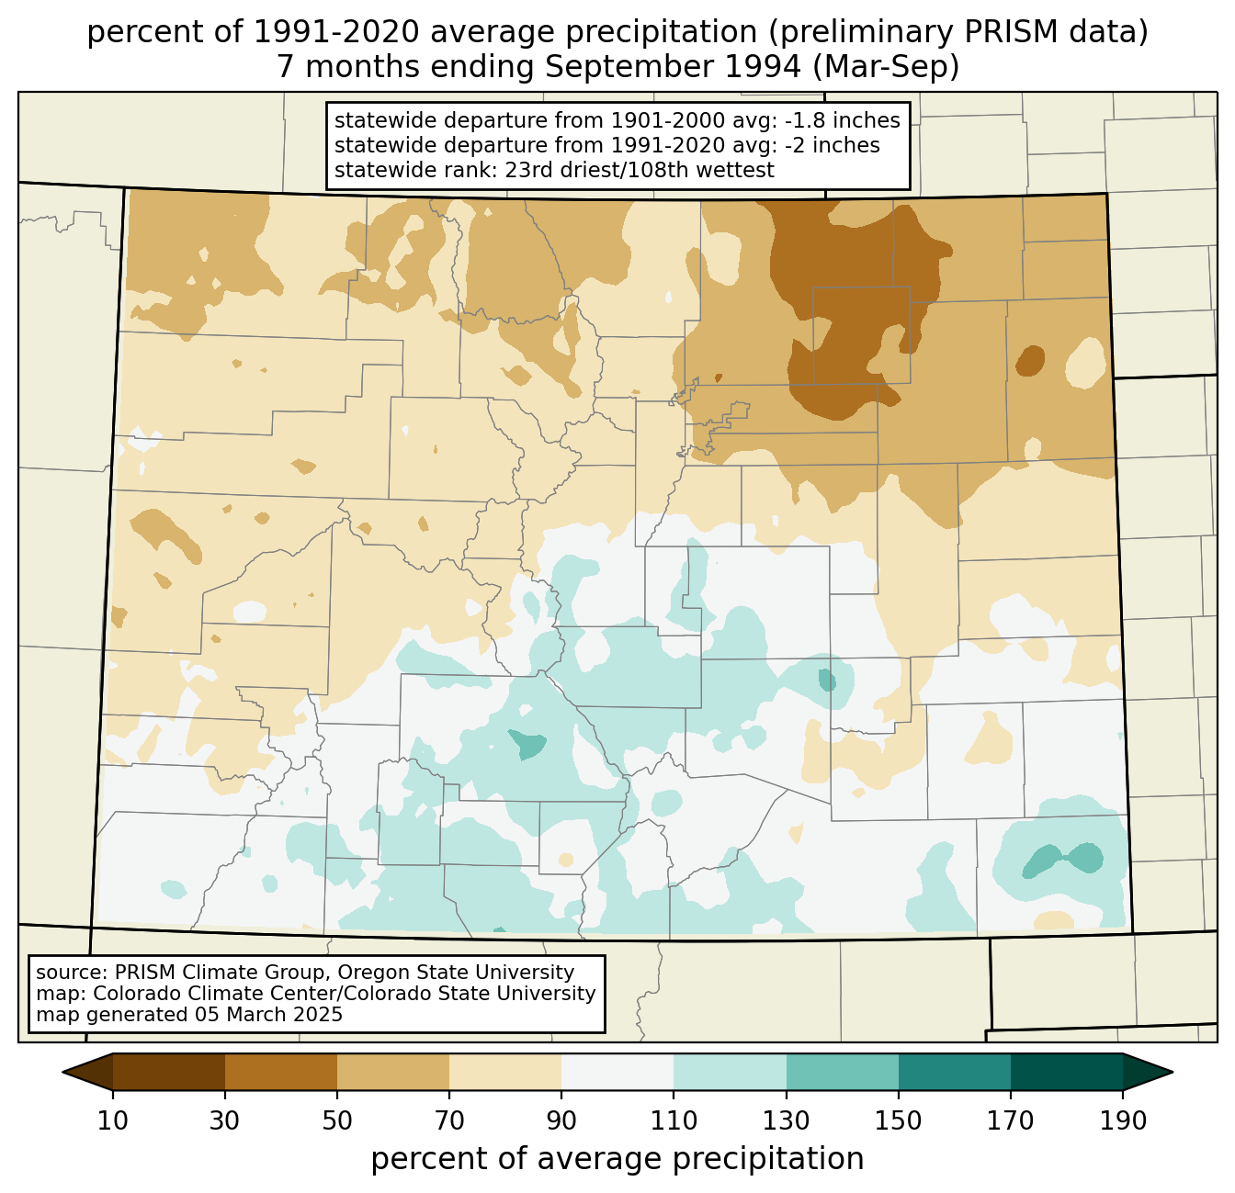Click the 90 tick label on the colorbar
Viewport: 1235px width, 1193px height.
[561, 1121]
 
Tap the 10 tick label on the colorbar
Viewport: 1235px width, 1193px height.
[113, 1121]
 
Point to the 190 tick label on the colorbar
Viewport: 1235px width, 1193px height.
[1122, 1121]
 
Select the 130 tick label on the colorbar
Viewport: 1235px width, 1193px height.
[787, 1121]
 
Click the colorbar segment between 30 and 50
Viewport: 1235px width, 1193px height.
[281, 1072]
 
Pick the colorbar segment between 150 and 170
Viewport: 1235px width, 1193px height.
[955, 1072]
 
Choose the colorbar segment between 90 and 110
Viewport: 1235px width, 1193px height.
[617, 1072]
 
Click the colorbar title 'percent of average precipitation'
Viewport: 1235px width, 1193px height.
[617, 1159]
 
